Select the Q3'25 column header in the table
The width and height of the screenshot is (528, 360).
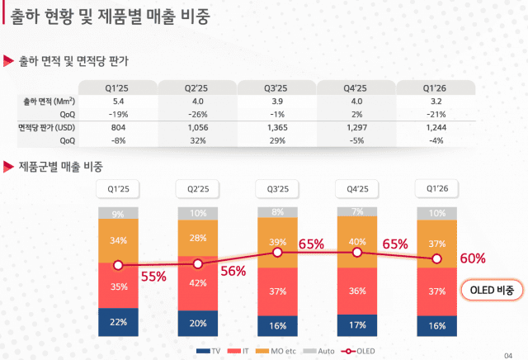tap(276, 87)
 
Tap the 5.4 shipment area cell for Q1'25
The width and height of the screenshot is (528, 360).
tap(117, 101)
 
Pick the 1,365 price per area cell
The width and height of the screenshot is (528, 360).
tap(276, 128)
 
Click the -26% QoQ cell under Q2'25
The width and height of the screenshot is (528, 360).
tap(196, 114)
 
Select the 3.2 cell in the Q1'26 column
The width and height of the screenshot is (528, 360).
tap(436, 101)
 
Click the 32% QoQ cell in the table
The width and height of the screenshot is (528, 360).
tap(196, 141)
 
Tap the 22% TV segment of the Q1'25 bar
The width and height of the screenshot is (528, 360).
tap(118, 321)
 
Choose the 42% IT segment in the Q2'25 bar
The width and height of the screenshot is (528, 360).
tap(197, 283)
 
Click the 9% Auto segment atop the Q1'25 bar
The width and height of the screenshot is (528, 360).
tap(118, 215)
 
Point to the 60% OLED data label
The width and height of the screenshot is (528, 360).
tap(473, 258)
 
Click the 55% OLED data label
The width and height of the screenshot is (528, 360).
tap(154, 277)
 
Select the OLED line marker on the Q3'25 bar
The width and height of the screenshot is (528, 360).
tap(278, 252)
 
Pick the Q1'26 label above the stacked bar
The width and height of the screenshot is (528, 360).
tap(436, 189)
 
